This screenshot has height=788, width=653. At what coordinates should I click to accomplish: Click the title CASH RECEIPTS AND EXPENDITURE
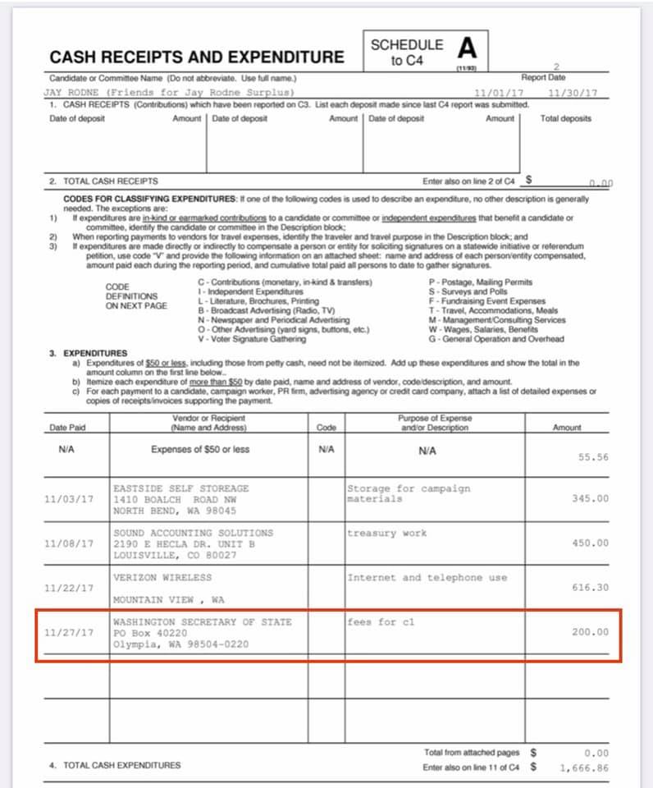point(197,57)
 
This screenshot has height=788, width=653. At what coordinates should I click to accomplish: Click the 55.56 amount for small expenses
point(593,457)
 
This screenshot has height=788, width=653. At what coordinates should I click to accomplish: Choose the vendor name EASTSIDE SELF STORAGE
point(180,488)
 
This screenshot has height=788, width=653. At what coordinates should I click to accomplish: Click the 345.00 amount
point(591,498)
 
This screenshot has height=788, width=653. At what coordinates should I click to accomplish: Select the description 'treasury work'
point(386,533)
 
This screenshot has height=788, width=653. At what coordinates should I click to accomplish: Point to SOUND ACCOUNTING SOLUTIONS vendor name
point(194,533)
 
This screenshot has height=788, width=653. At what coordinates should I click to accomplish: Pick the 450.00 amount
point(591,543)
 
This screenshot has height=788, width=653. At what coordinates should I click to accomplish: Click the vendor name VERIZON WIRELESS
point(162,577)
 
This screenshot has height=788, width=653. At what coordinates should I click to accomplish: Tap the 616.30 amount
point(591,588)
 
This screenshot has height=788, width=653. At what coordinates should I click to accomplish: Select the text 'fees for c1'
point(381,621)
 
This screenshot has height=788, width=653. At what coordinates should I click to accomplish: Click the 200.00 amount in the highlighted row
point(591,632)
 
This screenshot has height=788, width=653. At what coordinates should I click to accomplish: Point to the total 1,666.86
point(584,767)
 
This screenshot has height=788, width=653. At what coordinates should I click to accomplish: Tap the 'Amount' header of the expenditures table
point(567,427)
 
